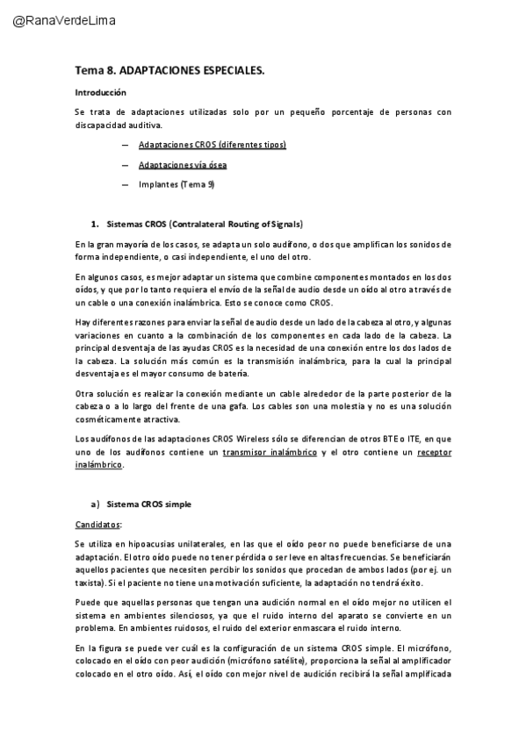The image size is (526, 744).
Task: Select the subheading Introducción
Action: (100, 92)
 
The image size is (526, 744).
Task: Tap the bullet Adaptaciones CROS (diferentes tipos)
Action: (212, 145)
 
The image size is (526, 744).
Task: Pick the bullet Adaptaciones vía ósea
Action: (183, 165)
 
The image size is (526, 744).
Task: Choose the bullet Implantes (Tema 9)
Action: (176, 184)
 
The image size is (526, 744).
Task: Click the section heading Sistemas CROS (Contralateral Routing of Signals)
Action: (205, 224)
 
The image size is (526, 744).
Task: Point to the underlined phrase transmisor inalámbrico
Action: (270, 452)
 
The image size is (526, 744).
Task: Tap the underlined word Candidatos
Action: (97, 525)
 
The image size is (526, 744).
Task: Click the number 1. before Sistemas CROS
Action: (94, 224)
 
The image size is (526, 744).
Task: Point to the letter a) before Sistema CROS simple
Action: (95, 504)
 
